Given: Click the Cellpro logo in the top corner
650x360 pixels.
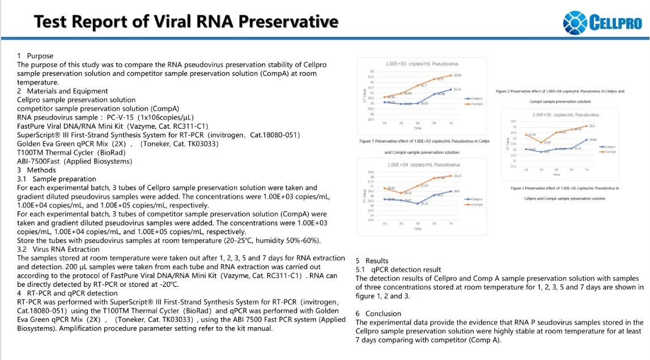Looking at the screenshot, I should [x=602, y=23].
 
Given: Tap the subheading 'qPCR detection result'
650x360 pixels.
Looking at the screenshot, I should [x=406, y=269].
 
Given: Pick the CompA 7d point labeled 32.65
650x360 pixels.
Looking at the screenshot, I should [x=451, y=75].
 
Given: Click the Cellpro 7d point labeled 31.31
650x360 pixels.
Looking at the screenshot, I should [x=451, y=90].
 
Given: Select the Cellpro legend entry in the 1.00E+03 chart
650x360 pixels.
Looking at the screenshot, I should [x=474, y=99].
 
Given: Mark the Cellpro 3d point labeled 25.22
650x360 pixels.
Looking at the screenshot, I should [x=418, y=204].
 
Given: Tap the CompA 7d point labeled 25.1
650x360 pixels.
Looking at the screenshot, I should [x=587, y=126].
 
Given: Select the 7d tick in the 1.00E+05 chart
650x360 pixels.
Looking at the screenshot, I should [x=587, y=170].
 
